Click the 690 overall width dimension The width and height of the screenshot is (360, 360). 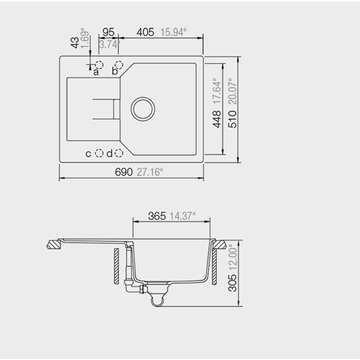click(x=124, y=172)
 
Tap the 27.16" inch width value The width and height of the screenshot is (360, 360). click(x=149, y=172)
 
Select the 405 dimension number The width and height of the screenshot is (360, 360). click(x=145, y=32)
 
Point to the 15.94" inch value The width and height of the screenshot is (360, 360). click(x=173, y=32)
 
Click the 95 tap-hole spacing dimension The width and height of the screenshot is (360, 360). click(x=109, y=32)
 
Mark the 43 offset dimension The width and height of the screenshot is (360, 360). click(x=75, y=43)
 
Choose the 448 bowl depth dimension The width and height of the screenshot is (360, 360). click(x=217, y=119)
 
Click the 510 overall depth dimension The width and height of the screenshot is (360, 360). click(x=232, y=119)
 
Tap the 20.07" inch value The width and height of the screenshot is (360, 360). click(x=232, y=91)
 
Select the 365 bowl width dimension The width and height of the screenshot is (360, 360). click(x=157, y=216)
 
